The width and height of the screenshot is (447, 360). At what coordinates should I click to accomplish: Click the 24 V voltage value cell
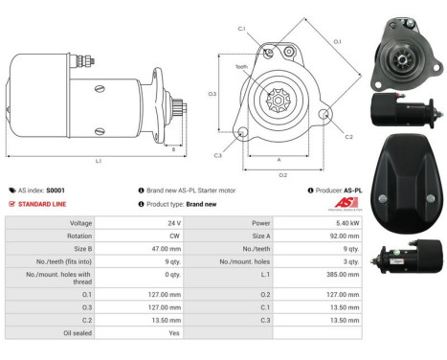pyautogui.click(x=173, y=222)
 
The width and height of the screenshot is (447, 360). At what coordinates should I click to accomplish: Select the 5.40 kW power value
pyautogui.click(x=347, y=222)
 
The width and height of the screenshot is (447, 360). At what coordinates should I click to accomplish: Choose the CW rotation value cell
pyautogui.click(x=175, y=236)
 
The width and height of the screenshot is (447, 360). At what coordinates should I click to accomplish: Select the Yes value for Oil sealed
pyautogui.click(x=174, y=333)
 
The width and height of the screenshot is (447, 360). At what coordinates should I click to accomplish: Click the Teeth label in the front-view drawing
pyautogui.click(x=241, y=68)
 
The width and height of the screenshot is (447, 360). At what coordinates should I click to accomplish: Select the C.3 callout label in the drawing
pyautogui.click(x=218, y=155)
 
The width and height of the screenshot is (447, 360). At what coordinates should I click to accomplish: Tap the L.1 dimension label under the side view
pyautogui.click(x=98, y=161)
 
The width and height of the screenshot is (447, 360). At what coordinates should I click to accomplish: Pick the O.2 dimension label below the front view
pyautogui.click(x=282, y=175)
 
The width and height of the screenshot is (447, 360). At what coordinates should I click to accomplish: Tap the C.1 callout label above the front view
pyautogui.click(x=242, y=30)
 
